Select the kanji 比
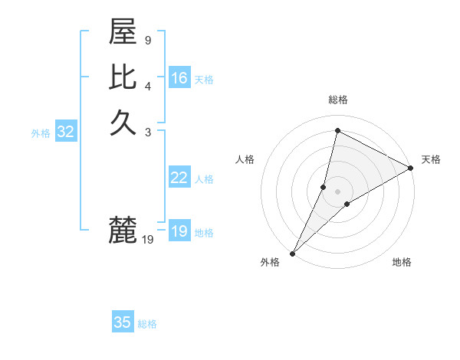tap(123, 78)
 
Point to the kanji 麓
tap(123, 229)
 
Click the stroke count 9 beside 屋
tap(147, 40)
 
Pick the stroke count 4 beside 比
tap(147, 86)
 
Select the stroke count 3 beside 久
tap(147, 132)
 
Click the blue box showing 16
tap(179, 78)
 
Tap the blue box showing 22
tap(179, 178)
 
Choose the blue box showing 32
tap(66, 132)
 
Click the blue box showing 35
tap(123, 322)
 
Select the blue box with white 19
tap(179, 231)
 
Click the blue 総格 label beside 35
tap(147, 324)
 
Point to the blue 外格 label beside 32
tap(41, 133)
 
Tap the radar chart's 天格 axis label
tap(431, 159)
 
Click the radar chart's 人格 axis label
tap(245, 159)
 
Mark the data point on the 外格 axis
tap(292, 253)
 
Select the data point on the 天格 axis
tap(411, 168)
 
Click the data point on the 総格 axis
tap(337, 131)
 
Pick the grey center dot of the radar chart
tap(337, 191)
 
